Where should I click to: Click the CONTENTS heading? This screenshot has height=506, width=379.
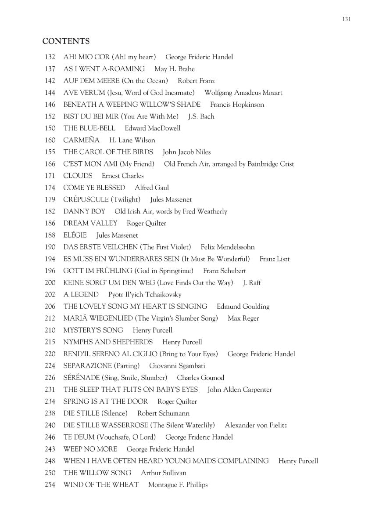coord(66,41)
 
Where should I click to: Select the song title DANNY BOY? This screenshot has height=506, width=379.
coord(84,211)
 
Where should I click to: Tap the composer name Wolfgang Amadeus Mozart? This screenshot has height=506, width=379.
coord(243,93)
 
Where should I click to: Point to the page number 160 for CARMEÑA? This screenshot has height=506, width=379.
coord(50,140)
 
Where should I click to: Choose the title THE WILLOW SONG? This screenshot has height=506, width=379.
coord(97,473)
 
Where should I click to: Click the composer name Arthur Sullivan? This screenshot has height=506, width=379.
coord(163,473)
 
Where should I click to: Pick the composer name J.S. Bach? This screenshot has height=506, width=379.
coord(201,116)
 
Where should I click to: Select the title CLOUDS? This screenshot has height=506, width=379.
coord(78,176)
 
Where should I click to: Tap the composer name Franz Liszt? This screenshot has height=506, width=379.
coord(274,259)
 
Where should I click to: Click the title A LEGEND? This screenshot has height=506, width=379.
coord(81,294)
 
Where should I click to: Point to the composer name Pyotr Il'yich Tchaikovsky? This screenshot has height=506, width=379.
coord(144,294)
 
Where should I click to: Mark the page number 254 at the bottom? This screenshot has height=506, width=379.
coord(50,484)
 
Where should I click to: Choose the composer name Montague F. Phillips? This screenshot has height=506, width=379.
coord(178,484)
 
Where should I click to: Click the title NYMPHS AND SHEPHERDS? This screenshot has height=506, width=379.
coord(108,342)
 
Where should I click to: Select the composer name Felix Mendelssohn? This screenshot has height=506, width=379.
coord(227,247)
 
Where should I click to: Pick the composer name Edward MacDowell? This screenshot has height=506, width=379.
coord(152,128)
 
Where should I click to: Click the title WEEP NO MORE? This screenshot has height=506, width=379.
coord(90,449)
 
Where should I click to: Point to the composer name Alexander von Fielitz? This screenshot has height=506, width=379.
coord(256,425)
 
